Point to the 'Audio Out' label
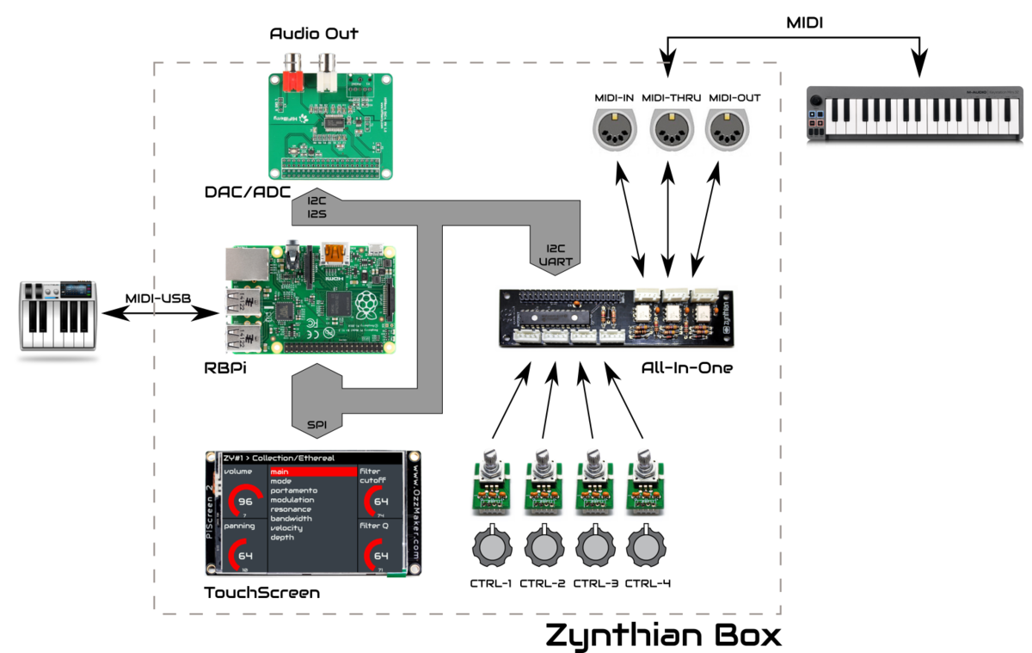click(314, 34)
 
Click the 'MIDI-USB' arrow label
click(159, 299)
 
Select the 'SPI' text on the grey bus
click(317, 423)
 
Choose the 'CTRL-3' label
click(596, 583)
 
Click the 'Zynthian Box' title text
click(663, 634)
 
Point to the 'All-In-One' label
click(686, 367)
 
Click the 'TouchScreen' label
click(261, 593)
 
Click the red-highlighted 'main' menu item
click(312, 471)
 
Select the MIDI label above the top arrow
click(804, 22)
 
